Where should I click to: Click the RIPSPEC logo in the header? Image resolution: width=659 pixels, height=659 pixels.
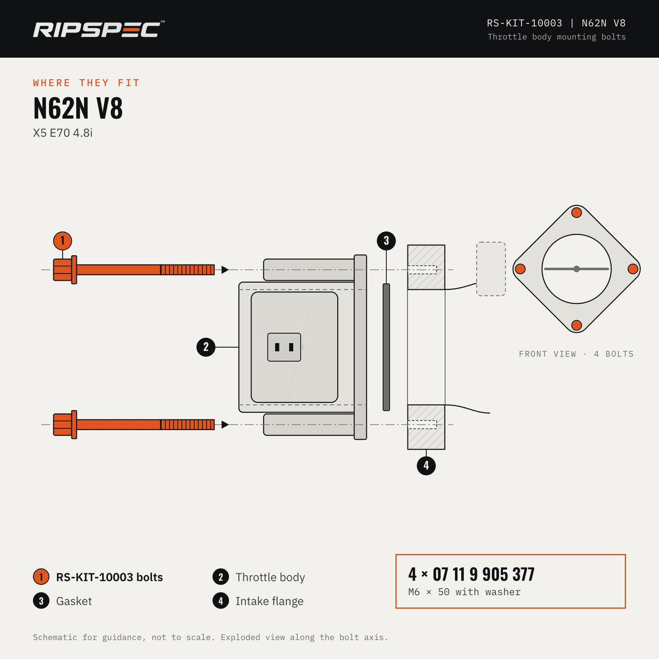[98, 30]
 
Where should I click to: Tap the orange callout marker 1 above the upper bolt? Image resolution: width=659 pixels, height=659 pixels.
[63, 241]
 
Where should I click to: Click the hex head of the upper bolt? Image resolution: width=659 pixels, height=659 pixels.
[63, 270]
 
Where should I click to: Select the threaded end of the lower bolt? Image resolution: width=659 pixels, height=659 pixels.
[187, 425]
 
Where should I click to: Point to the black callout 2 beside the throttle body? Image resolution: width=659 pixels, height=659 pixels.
[206, 347]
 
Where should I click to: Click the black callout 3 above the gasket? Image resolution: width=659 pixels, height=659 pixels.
[387, 241]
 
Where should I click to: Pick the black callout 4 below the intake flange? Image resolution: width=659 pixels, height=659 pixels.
[426, 466]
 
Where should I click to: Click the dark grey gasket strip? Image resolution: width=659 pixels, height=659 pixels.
[387, 347]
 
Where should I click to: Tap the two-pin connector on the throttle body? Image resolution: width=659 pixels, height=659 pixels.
[284, 347]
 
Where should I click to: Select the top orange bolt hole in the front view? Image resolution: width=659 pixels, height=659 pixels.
[577, 213]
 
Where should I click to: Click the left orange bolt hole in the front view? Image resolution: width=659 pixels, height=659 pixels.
[520, 269]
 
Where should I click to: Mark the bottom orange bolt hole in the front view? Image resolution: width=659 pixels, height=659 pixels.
[577, 325]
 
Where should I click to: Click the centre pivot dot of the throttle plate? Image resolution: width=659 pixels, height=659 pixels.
[577, 269]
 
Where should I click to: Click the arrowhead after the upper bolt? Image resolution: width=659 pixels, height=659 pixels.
[225, 270]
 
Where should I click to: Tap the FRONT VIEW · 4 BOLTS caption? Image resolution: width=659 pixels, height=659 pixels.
[576, 354]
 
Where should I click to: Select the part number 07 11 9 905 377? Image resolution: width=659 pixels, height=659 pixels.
[484, 574]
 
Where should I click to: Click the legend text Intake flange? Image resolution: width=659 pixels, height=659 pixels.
[270, 601]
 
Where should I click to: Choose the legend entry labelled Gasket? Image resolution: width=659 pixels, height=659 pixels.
[63, 601]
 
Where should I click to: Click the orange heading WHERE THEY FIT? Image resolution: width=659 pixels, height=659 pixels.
[87, 83]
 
